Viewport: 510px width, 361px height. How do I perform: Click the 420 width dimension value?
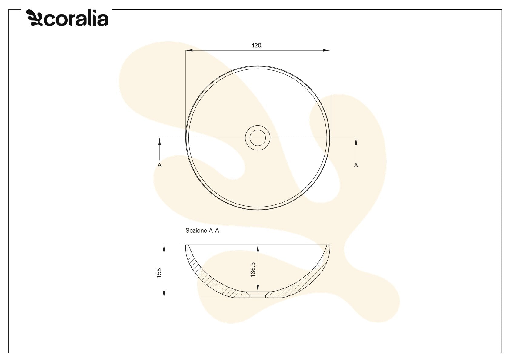point(256,46)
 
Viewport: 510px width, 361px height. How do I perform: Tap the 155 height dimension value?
point(159,273)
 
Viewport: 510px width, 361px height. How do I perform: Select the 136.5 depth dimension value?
point(253,270)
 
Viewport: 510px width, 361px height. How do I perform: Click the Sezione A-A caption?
point(202,231)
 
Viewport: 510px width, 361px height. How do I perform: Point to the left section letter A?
point(159,165)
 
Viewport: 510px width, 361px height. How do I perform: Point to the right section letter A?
point(356,165)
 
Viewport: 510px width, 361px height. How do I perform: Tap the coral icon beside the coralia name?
point(34,18)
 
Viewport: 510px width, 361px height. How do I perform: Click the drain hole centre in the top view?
point(258,138)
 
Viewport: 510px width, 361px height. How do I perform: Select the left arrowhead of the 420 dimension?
point(189,50)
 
